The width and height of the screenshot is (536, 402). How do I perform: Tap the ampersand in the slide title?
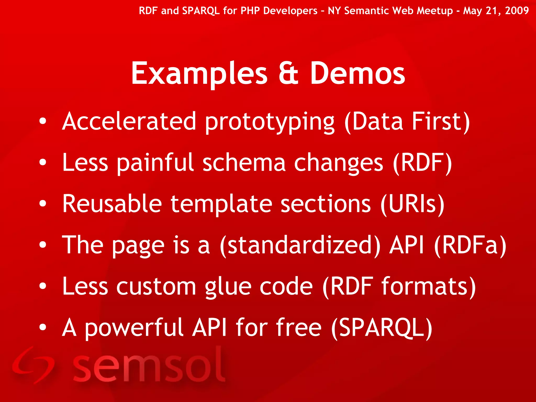(x=288, y=74)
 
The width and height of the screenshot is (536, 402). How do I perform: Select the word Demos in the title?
(x=358, y=74)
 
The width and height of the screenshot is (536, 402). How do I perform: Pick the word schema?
(x=244, y=163)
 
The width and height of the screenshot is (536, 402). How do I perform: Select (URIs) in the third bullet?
(x=412, y=204)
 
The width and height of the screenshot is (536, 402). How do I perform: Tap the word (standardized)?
(x=300, y=245)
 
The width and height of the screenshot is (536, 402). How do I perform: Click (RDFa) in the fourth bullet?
(x=470, y=245)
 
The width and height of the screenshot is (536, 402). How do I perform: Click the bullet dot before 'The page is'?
(x=43, y=245)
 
